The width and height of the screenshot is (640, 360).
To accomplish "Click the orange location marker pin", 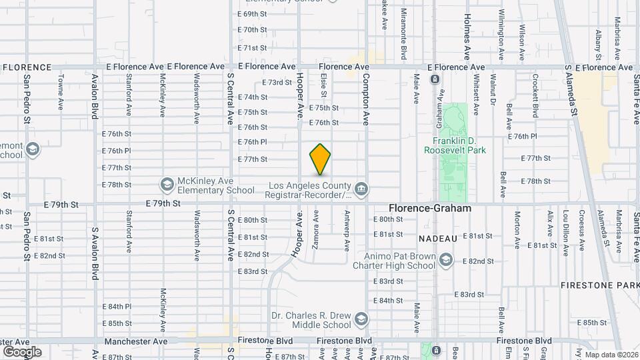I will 321,159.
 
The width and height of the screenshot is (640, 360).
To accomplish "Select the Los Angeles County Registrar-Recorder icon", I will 361,190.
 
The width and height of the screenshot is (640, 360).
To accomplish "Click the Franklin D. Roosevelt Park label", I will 459,145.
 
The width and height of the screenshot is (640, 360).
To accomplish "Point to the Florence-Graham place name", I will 430,208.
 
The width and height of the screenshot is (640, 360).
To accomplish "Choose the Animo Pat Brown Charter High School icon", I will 445,259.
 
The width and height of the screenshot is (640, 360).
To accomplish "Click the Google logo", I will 22,352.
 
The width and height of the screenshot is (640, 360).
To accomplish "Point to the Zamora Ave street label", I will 315,230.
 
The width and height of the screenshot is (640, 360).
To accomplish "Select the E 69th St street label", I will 252,14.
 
